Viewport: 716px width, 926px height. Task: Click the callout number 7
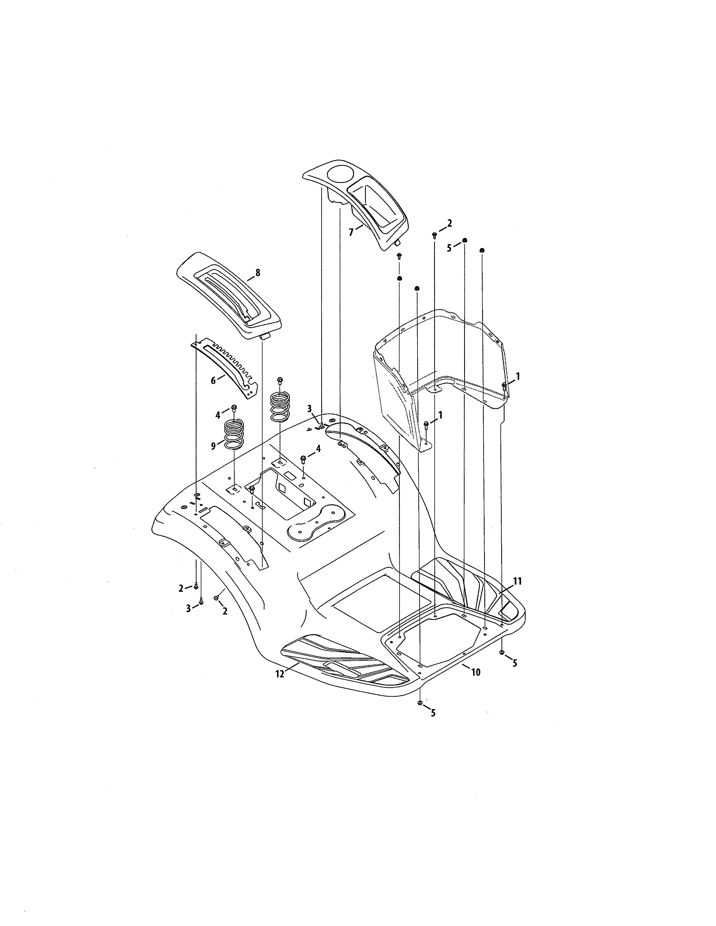pos(351,232)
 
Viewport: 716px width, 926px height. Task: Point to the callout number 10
pos(476,672)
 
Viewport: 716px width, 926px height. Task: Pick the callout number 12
pos(280,674)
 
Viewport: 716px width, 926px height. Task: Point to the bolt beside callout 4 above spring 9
pos(234,408)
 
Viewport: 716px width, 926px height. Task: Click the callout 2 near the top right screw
pos(449,223)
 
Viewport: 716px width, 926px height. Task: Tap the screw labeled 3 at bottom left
pos(201,601)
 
